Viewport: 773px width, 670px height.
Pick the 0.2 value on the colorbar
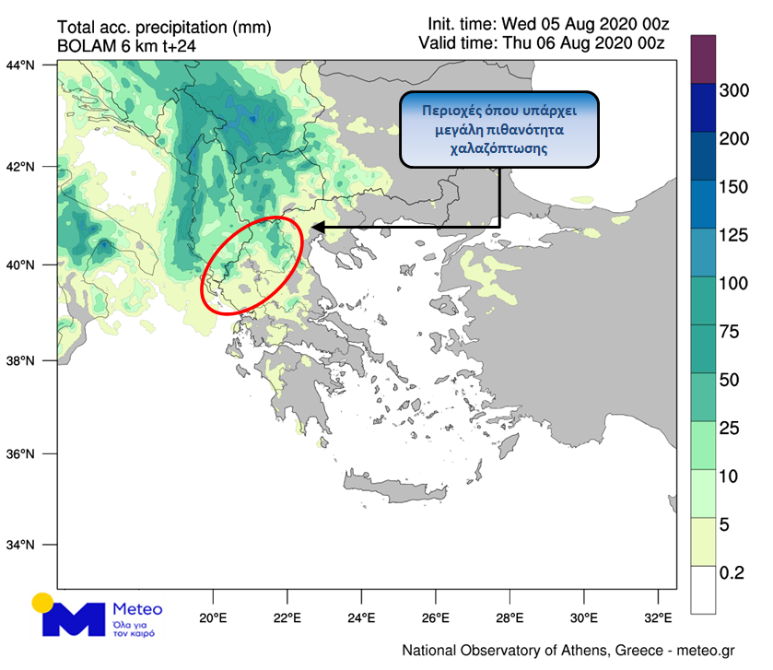(x=733, y=572)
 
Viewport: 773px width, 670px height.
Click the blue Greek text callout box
(x=498, y=129)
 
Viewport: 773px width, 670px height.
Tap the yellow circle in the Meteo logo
(x=42, y=604)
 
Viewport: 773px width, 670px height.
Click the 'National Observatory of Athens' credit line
(x=568, y=651)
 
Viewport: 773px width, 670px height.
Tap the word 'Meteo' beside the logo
(x=136, y=609)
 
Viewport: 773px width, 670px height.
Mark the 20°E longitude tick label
(x=213, y=617)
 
